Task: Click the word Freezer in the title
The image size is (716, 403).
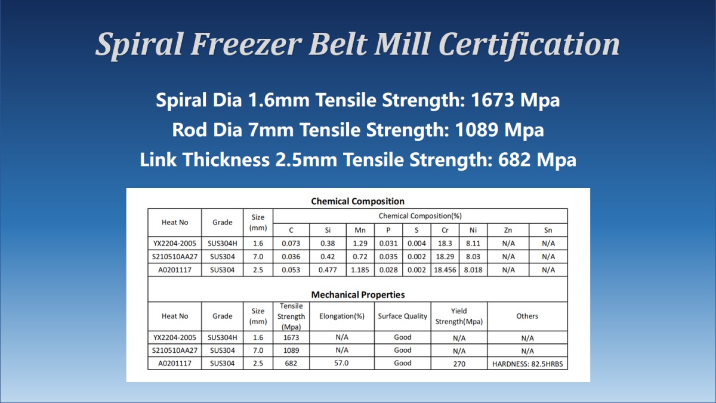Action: pyautogui.click(x=246, y=44)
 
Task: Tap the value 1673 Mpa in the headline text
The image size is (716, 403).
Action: pyautogui.click(x=516, y=100)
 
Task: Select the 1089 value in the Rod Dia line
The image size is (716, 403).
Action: pyautogui.click(x=476, y=130)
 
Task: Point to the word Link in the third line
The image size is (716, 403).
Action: pyautogui.click(x=158, y=159)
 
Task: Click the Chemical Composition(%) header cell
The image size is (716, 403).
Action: pyautogui.click(x=420, y=216)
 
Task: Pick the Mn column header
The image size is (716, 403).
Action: pyautogui.click(x=360, y=230)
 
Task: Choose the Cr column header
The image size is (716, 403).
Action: pyautogui.click(x=445, y=230)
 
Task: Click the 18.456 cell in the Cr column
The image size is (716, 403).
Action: pyautogui.click(x=445, y=270)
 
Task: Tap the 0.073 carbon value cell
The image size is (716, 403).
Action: pyautogui.click(x=291, y=244)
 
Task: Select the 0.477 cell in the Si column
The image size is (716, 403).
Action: pyautogui.click(x=328, y=270)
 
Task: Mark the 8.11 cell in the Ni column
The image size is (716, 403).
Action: pyautogui.click(x=473, y=244)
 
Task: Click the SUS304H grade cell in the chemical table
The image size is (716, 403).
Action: pyautogui.click(x=223, y=244)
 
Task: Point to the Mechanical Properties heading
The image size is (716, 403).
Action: pyautogui.click(x=358, y=294)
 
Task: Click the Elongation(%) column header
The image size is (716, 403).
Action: pyautogui.click(x=342, y=316)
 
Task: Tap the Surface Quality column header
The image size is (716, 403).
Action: pyautogui.click(x=402, y=316)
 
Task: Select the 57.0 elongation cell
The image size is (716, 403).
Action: pyautogui.click(x=341, y=363)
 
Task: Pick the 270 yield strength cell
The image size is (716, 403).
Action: pyautogui.click(x=459, y=364)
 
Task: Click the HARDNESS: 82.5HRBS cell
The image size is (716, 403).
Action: pyautogui.click(x=527, y=364)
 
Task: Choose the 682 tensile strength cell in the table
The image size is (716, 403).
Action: pyautogui.click(x=291, y=364)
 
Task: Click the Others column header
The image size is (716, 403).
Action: pyautogui.click(x=527, y=316)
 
